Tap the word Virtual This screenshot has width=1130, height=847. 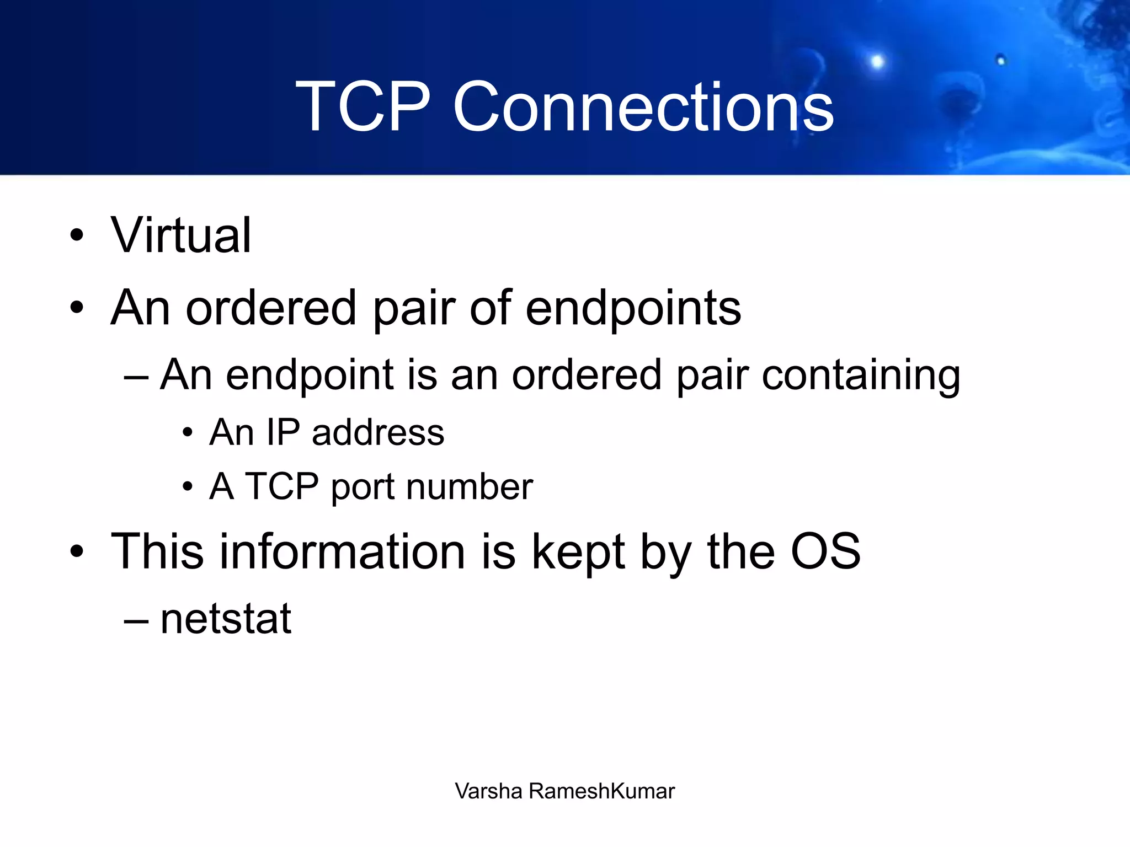pyautogui.click(x=181, y=235)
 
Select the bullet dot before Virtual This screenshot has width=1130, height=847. pyautogui.click(x=77, y=235)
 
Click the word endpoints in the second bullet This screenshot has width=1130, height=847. pyautogui.click(x=633, y=309)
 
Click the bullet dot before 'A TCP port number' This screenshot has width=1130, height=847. pyautogui.click(x=188, y=487)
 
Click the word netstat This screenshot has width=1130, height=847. pyautogui.click(x=226, y=619)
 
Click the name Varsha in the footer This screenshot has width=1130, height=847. pyautogui.click(x=488, y=791)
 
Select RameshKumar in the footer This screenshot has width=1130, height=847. pyautogui.click(x=601, y=791)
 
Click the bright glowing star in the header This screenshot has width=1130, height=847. pyautogui.click(x=877, y=61)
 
